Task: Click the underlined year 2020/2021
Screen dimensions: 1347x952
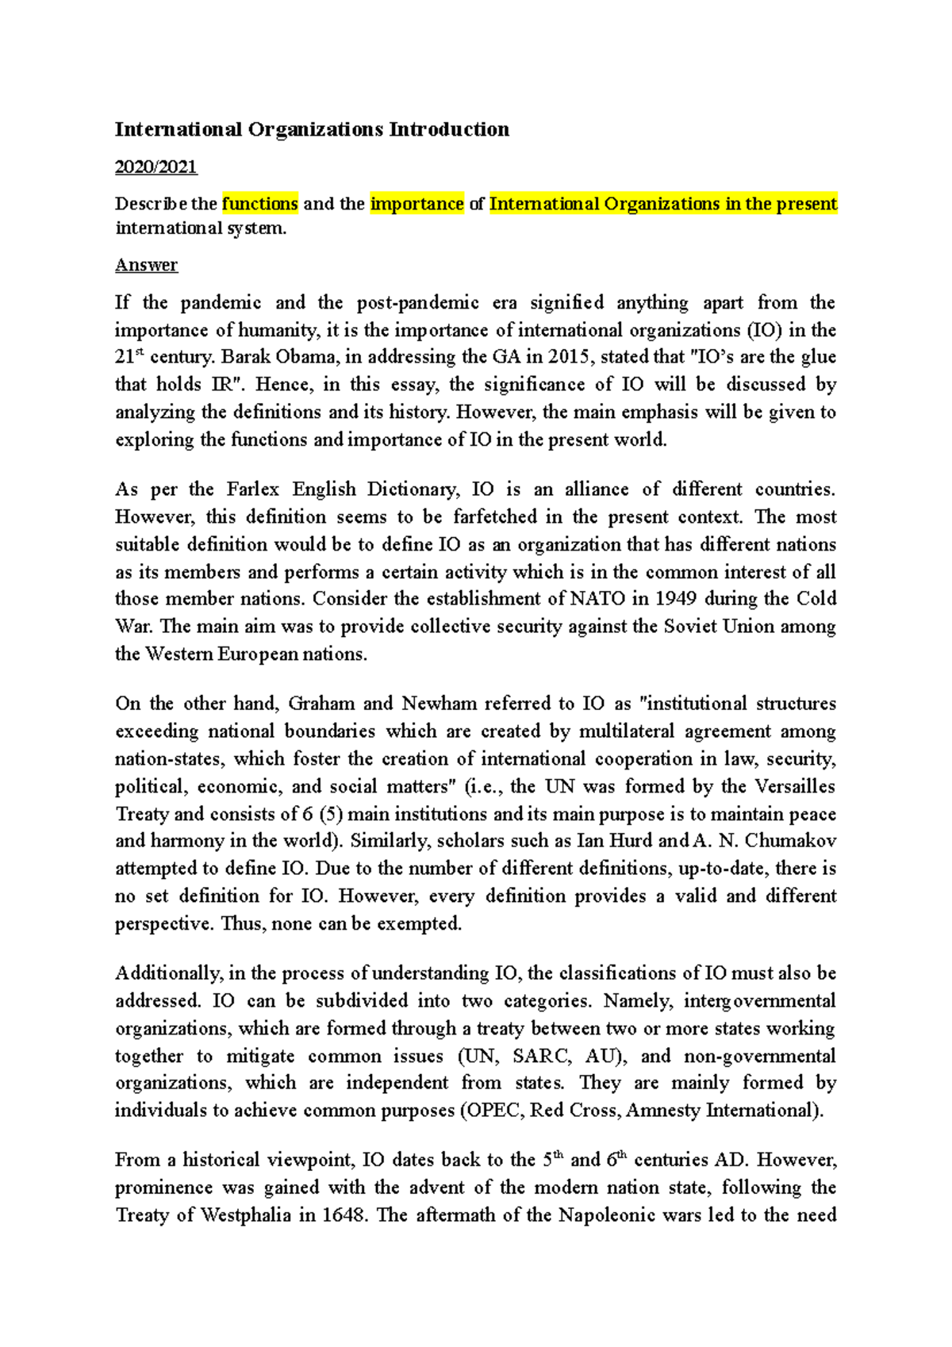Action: [155, 167]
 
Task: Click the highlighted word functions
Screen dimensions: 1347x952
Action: [259, 204]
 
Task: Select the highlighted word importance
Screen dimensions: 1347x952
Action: [417, 204]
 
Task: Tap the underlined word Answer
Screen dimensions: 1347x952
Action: [146, 265]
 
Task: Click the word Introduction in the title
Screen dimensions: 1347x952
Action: [449, 129]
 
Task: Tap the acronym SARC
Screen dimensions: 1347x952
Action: [541, 1057]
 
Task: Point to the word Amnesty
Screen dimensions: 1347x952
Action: [663, 1111]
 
